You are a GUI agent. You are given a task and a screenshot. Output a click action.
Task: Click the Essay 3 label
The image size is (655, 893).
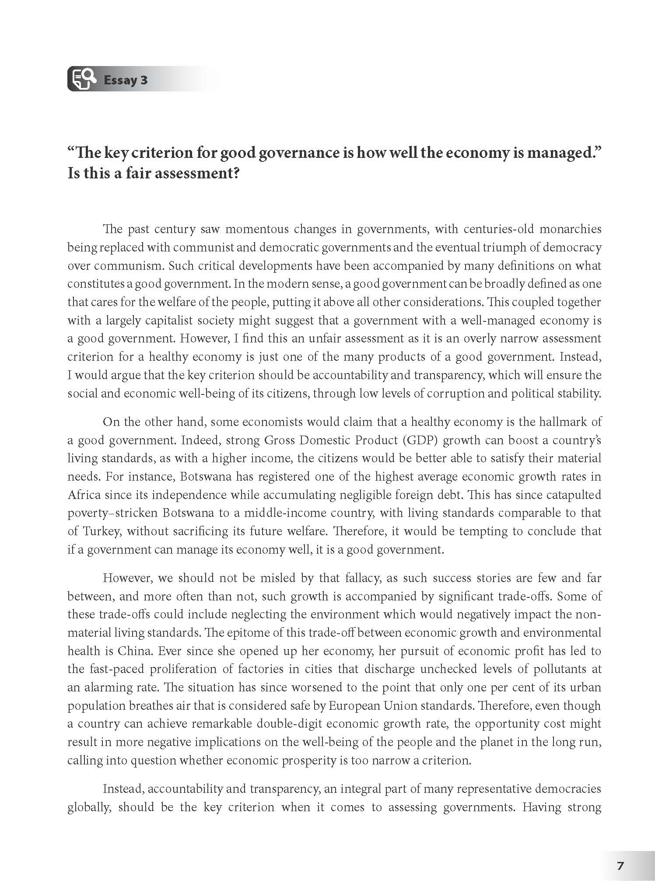[x=125, y=80]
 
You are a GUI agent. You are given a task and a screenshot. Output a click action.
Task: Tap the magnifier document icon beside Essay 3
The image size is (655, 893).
[x=83, y=80]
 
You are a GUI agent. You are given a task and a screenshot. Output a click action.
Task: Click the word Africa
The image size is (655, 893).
[x=84, y=495]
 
